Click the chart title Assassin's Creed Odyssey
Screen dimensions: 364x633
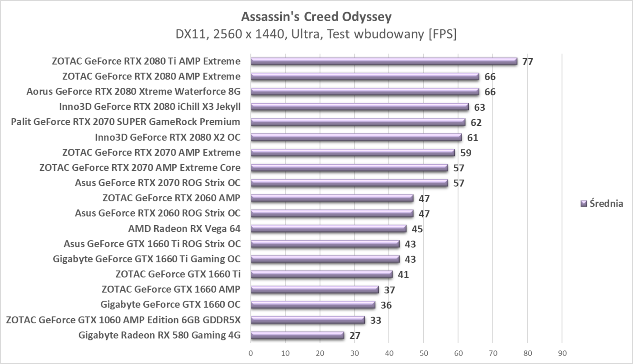click(316, 17)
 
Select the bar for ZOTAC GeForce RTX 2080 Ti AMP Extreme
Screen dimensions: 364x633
click(384, 61)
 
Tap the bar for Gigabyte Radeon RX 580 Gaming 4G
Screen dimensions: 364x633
click(297, 336)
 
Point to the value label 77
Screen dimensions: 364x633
click(528, 61)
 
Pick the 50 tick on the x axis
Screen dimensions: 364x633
click(424, 352)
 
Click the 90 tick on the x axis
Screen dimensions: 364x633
click(562, 352)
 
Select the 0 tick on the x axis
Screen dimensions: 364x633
click(251, 352)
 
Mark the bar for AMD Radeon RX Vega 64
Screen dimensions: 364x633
click(328, 229)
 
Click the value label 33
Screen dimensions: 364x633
click(375, 320)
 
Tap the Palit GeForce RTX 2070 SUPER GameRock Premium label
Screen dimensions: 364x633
click(125, 122)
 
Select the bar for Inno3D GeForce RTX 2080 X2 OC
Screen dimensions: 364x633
click(356, 137)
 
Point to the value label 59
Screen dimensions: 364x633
click(466, 153)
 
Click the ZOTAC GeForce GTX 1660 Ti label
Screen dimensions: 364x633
click(178, 274)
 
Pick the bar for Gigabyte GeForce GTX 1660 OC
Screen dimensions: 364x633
click(313, 305)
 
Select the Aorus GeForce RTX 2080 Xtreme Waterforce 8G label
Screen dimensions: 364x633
click(133, 92)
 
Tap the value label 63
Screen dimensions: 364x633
click(479, 107)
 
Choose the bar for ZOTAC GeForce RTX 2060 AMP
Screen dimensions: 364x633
click(332, 198)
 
